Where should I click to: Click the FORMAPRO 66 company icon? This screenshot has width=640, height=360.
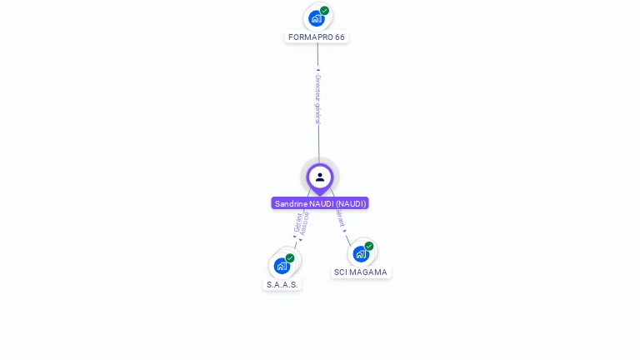(316, 18)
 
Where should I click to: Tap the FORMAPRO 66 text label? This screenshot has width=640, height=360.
(316, 37)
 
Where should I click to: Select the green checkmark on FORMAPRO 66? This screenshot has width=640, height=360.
(324, 11)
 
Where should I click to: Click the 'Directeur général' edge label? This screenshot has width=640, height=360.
(317, 99)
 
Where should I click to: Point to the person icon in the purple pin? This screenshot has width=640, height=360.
(320, 177)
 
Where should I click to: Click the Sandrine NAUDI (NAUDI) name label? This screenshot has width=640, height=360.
(320, 203)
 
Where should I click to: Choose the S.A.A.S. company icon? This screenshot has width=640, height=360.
(282, 266)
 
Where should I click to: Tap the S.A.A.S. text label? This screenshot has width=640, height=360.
(282, 285)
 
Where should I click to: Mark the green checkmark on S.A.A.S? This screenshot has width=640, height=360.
(290, 258)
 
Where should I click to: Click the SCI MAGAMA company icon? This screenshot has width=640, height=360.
(361, 253)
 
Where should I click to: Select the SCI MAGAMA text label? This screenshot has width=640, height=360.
(361, 272)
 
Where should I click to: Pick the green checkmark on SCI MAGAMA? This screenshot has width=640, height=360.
(369, 246)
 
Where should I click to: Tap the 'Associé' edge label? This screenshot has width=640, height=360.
(305, 223)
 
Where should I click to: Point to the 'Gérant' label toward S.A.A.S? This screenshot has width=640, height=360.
(297, 222)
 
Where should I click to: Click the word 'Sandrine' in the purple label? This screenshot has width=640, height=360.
(292, 203)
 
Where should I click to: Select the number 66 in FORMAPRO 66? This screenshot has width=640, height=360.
(339, 37)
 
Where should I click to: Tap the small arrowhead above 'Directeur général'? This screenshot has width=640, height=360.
(317, 70)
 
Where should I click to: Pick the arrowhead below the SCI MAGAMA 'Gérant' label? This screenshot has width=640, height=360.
(345, 231)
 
